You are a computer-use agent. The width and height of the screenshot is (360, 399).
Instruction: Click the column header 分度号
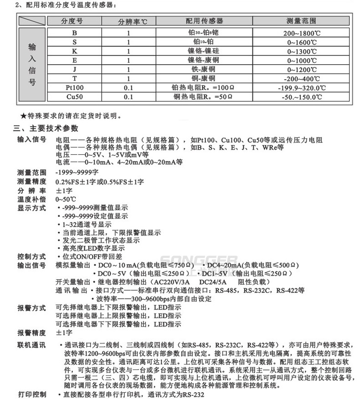click(x=74, y=21)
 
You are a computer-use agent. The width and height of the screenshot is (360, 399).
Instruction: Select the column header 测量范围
click(x=301, y=21)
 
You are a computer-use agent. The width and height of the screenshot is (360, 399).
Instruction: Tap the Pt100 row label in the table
click(x=74, y=87)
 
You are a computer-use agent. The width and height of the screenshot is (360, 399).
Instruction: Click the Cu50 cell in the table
click(x=74, y=97)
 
